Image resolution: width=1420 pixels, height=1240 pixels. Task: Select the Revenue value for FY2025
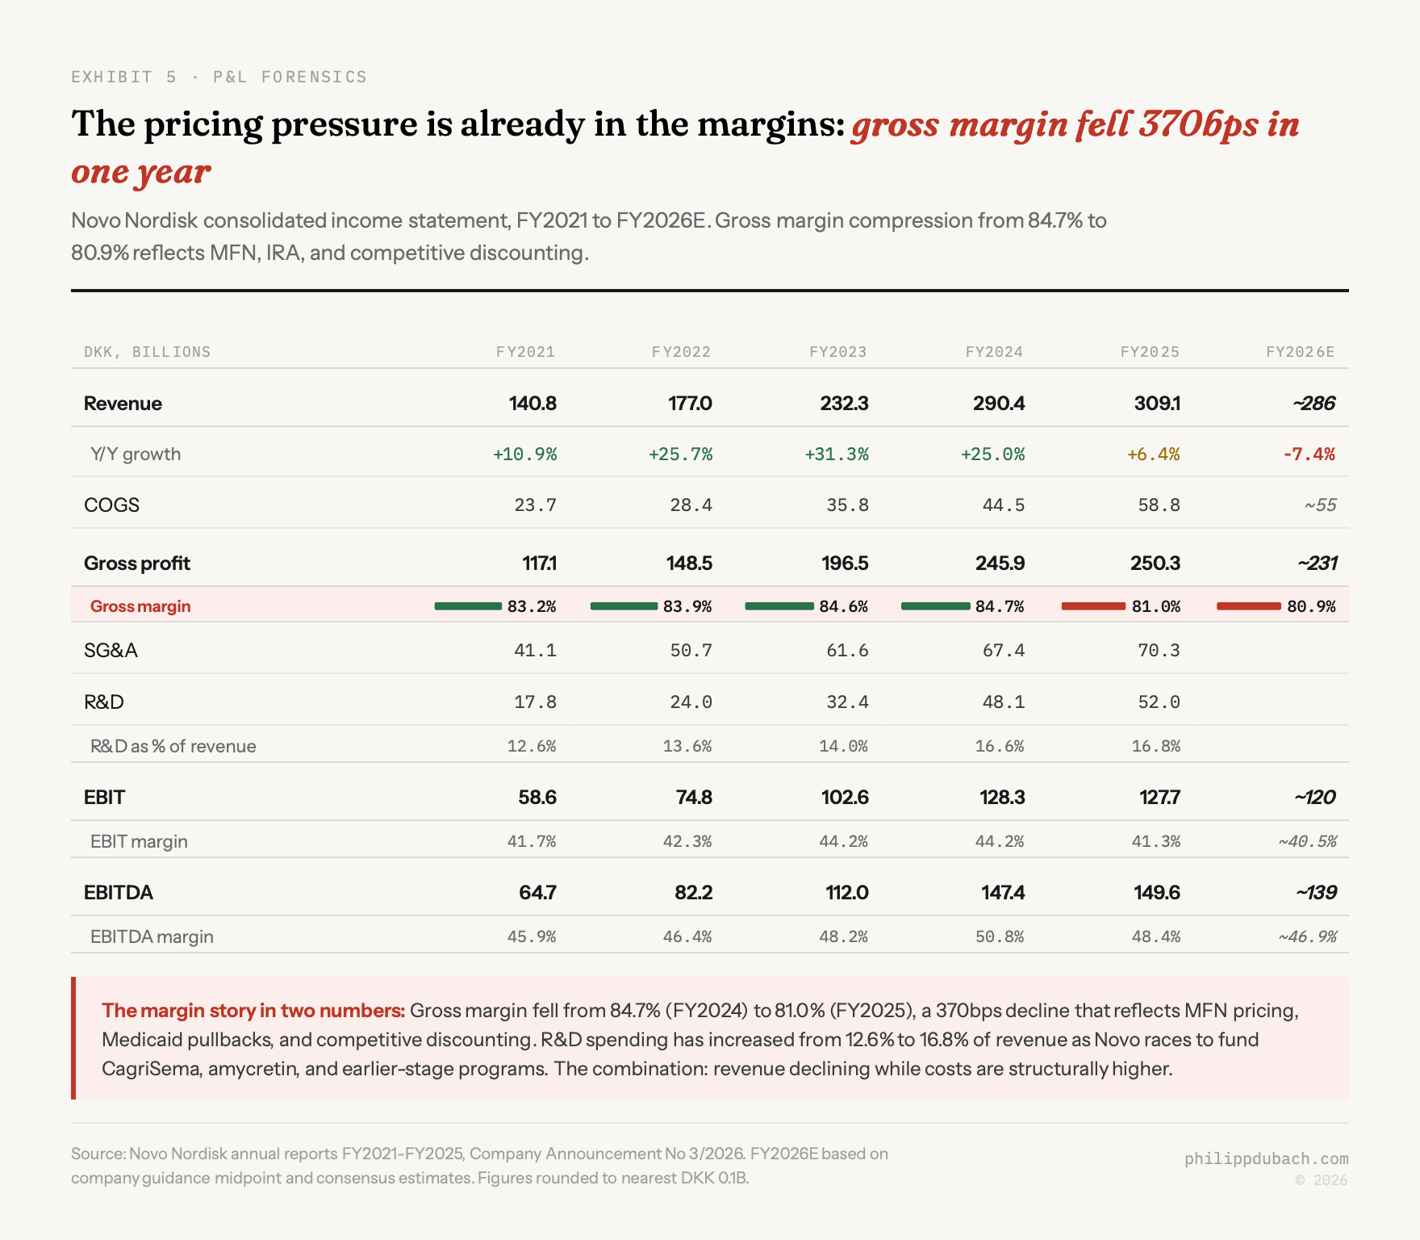click(1157, 404)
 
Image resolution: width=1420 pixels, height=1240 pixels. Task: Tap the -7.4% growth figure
click(1309, 455)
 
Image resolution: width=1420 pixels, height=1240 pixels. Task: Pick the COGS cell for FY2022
click(691, 505)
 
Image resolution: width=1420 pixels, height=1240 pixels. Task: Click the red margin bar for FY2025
click(1093, 606)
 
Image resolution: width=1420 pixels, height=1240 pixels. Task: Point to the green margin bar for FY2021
click(468, 606)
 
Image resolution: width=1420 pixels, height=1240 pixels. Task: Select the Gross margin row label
click(140, 606)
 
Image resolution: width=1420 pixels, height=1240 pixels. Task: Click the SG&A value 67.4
click(1003, 651)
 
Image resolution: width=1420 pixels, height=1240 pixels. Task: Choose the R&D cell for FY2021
click(535, 702)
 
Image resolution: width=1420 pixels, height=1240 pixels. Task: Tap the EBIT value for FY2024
click(1002, 798)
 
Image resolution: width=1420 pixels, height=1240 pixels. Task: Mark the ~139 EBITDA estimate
click(1316, 893)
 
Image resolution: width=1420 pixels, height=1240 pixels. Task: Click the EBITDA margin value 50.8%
click(999, 937)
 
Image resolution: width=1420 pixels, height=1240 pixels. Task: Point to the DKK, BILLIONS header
click(147, 352)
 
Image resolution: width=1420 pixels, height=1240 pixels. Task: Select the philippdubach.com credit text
click(1266, 1159)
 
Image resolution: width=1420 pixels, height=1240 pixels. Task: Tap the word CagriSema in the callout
click(150, 1069)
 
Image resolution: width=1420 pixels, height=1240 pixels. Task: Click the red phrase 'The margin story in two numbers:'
click(253, 1011)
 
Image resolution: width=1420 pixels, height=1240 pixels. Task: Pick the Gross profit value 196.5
click(844, 563)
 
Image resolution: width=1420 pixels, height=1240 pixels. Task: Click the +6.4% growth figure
click(1153, 455)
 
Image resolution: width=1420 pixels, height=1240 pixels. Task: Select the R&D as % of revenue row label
click(173, 747)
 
